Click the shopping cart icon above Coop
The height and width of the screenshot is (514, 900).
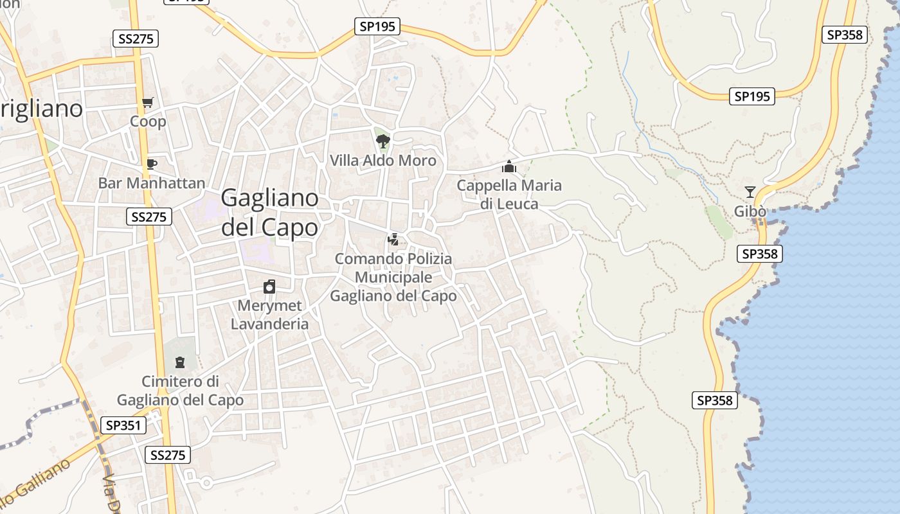(148, 102)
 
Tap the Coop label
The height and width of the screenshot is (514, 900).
(148, 121)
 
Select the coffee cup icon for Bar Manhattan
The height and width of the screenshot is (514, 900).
(151, 164)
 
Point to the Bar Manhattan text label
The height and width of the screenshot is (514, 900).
(152, 183)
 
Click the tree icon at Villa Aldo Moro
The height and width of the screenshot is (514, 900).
(383, 141)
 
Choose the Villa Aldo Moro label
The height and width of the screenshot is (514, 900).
(383, 161)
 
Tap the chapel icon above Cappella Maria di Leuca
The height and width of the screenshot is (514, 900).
(509, 167)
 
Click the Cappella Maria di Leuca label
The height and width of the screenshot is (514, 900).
(509, 195)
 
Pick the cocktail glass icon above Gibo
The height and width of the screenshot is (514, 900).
(750, 191)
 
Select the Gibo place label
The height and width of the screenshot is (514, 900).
(750, 211)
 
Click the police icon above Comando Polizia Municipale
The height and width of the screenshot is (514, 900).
(393, 240)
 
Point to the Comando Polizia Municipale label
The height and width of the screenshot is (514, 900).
(393, 277)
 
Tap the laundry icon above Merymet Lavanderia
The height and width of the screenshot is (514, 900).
(269, 287)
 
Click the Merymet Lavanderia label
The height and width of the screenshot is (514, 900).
(269, 315)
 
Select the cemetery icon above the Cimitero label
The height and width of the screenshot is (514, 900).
(180, 362)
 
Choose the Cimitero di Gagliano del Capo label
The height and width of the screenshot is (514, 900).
(180, 391)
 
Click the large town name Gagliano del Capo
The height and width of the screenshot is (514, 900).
(270, 213)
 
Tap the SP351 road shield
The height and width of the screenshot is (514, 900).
(123, 425)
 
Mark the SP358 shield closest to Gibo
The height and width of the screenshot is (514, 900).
(759, 254)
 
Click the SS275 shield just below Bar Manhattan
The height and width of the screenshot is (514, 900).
(149, 217)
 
